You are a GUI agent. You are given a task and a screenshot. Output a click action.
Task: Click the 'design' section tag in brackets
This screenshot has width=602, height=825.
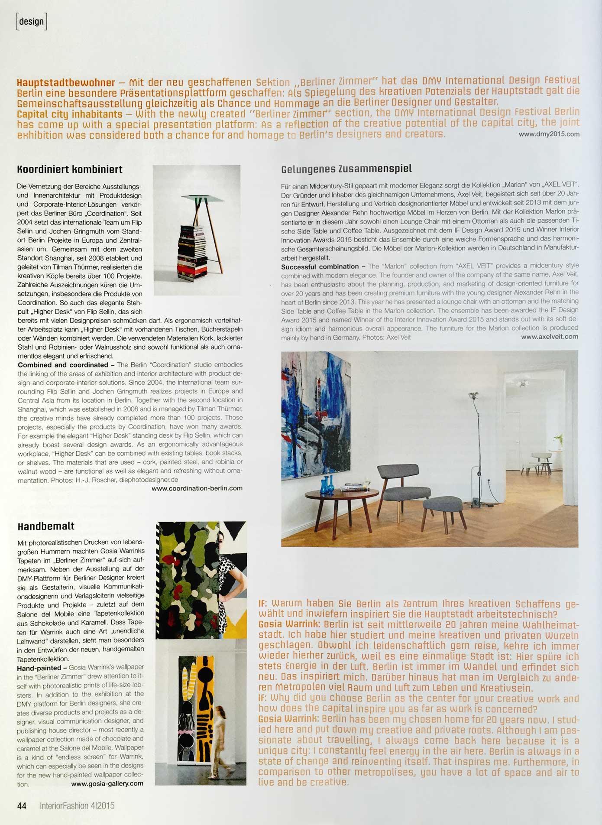pos(31,22)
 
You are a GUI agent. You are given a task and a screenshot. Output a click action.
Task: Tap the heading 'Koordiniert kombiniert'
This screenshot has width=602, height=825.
pos(70,169)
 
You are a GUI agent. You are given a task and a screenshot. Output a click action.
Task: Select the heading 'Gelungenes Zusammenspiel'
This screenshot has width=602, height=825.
pos(346,169)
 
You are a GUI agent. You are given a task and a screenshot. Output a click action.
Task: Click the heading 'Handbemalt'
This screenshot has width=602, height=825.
pos(46,526)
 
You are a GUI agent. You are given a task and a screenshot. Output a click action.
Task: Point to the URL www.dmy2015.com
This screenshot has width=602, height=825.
pos(549,134)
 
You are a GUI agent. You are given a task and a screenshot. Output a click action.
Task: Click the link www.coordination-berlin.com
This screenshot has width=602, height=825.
pos(197,488)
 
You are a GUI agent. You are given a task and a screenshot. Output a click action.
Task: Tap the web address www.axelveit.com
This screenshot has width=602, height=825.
pos(549,337)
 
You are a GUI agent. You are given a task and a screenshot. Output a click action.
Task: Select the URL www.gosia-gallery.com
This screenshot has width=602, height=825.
pos(107,784)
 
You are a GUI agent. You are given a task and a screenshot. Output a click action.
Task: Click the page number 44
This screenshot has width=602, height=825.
pos(22,806)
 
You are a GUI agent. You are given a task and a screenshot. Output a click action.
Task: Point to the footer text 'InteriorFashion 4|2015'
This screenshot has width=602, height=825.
pos(77,806)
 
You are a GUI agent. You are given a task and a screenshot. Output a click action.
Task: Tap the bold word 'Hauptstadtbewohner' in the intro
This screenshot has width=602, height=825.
pos(66,83)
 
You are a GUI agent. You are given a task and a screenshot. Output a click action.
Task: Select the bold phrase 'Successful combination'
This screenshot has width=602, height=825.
pos(320,267)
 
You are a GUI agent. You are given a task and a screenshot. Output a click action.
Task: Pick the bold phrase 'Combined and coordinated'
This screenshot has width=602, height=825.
pos(63,365)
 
